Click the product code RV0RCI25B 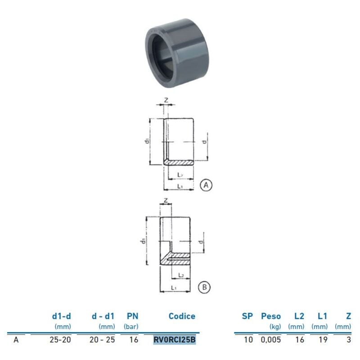click(x=175, y=340)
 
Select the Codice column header click(x=182, y=316)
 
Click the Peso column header click(x=270, y=316)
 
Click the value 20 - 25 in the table click(x=102, y=340)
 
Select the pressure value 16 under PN click(x=133, y=340)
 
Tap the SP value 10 click(x=248, y=340)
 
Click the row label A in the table click(x=16, y=340)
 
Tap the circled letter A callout click(x=206, y=185)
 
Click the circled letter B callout click(x=204, y=287)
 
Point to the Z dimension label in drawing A click(x=166, y=100)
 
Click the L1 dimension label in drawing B click(x=174, y=287)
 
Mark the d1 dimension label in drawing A click(x=147, y=141)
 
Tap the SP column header click(x=247, y=316)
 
